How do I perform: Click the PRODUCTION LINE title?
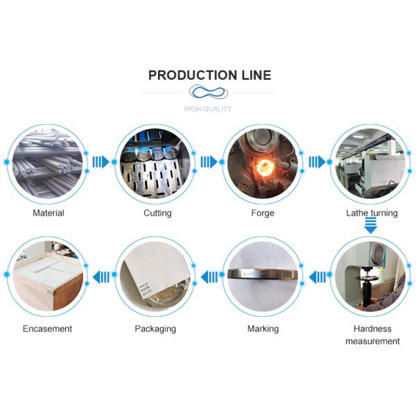click(x=209, y=75)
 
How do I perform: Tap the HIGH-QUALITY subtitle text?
click(x=208, y=109)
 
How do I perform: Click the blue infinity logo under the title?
click(x=208, y=92)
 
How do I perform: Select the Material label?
click(x=49, y=213)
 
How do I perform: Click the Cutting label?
click(x=157, y=213)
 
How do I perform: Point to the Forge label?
click(x=263, y=213)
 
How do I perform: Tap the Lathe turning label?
click(x=372, y=213)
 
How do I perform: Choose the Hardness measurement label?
click(x=372, y=335)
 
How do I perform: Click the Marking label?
click(x=263, y=329)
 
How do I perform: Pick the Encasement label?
click(x=47, y=329)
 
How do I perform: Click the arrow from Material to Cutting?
click(x=101, y=162)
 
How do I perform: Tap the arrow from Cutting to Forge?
click(x=209, y=162)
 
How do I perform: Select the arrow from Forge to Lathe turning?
click(x=317, y=162)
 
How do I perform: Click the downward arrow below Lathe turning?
click(x=371, y=226)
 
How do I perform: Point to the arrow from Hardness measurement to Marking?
click(x=317, y=277)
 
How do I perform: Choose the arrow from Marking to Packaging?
click(x=209, y=277)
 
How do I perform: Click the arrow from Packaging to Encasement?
click(x=101, y=277)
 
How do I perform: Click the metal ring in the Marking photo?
click(x=263, y=275)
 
